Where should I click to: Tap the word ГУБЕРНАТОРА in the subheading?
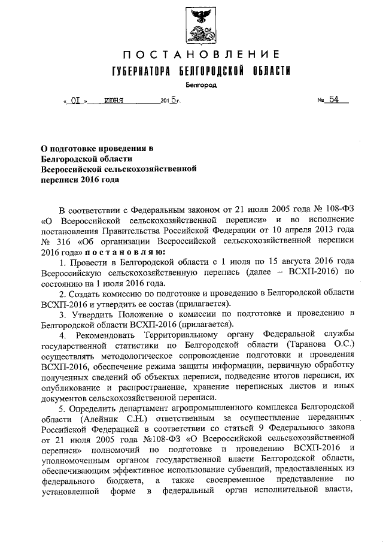click(x=139, y=72)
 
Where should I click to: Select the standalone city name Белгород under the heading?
click(x=198, y=86)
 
